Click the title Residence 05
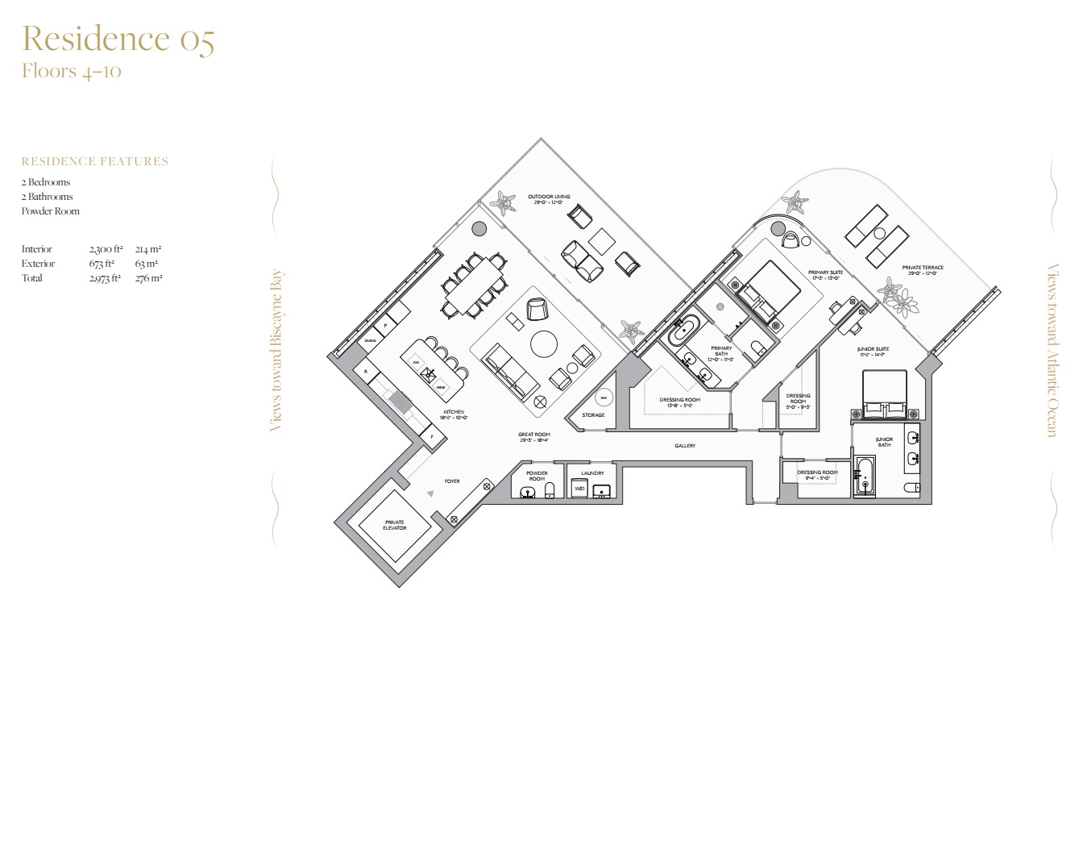click(x=118, y=39)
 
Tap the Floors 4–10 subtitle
click(x=71, y=71)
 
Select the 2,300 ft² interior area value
click(x=106, y=249)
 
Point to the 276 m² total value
click(x=148, y=278)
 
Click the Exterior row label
click(x=38, y=264)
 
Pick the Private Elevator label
click(x=395, y=525)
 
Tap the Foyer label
click(x=452, y=481)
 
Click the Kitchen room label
click(x=454, y=414)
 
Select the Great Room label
click(x=534, y=437)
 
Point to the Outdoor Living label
click(x=549, y=199)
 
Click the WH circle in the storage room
click(x=604, y=398)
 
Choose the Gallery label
click(x=685, y=446)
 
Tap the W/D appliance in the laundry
click(x=579, y=489)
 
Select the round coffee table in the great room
click(x=544, y=343)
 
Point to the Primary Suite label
click(x=825, y=275)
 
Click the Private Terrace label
click(x=923, y=270)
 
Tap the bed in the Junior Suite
click(x=885, y=393)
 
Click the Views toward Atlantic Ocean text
click(x=1052, y=350)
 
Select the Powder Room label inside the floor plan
click(x=537, y=476)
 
